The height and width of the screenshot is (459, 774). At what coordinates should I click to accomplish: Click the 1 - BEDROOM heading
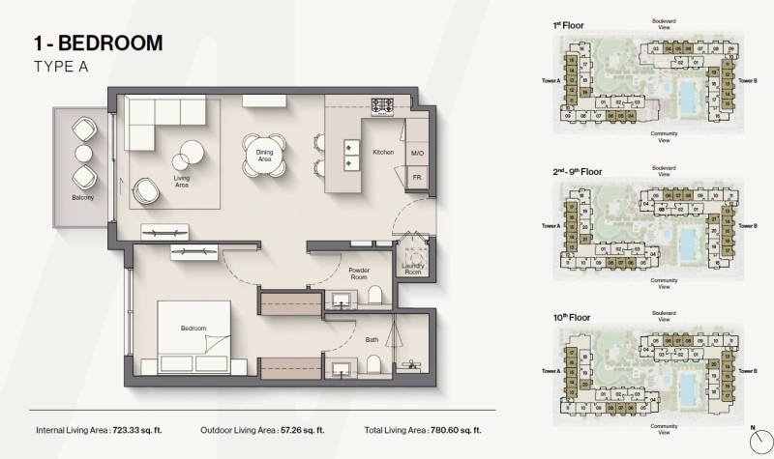point(97,43)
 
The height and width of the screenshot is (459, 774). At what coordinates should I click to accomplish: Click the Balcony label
point(83,197)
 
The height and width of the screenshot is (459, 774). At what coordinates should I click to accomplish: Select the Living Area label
point(181,181)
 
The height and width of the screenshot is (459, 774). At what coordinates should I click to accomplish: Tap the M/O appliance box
point(417,154)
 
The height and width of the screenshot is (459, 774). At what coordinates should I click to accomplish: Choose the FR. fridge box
point(417,179)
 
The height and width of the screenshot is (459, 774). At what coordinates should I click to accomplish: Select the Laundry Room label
point(413,270)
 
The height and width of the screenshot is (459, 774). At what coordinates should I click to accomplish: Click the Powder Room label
point(359,273)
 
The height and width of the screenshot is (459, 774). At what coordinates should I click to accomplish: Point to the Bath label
point(372,339)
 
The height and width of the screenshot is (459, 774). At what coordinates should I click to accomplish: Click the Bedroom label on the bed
point(193,329)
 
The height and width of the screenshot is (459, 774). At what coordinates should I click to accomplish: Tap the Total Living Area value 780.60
point(456,430)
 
